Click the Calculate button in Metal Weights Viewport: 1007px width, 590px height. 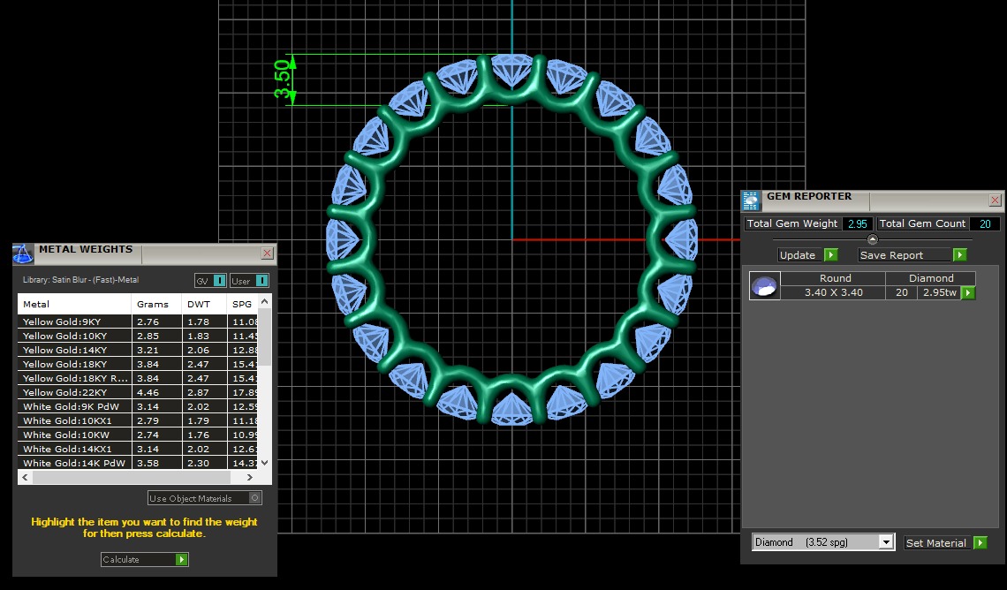click(x=145, y=559)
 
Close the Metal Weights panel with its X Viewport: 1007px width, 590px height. click(x=268, y=253)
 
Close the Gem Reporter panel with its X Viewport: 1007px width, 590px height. click(x=996, y=200)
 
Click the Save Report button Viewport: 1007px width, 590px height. click(x=912, y=255)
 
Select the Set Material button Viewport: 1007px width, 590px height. click(x=945, y=542)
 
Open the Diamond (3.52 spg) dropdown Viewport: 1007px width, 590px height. click(x=886, y=542)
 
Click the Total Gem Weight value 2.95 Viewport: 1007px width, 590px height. click(x=858, y=224)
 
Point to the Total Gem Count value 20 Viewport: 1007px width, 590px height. click(x=984, y=224)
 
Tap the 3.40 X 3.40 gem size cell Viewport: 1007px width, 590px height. click(x=834, y=292)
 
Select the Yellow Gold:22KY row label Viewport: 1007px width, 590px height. click(x=65, y=392)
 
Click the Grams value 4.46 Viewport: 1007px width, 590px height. click(x=148, y=392)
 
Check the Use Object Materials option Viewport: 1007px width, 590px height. click(x=255, y=498)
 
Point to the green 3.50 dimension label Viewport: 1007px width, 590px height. click(x=283, y=80)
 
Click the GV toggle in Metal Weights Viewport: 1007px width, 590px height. click(x=210, y=281)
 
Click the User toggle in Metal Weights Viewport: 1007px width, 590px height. click(x=249, y=281)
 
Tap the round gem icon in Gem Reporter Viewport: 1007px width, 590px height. click(x=765, y=285)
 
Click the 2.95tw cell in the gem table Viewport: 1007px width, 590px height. click(x=938, y=292)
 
